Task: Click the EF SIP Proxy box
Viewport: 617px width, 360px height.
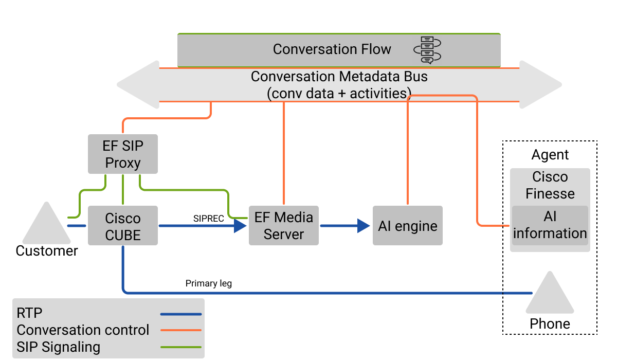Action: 122,154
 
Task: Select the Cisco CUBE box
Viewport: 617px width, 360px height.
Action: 122,226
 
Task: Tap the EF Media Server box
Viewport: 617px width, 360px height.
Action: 284,226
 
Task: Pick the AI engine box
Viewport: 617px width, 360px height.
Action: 408,226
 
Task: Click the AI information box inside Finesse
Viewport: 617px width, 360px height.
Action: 550,225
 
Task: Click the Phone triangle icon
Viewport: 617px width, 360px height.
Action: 550,296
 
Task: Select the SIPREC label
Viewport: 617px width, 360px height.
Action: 209,219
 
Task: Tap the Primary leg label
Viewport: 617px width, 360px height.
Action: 209,283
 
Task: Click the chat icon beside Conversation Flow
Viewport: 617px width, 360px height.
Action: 427,50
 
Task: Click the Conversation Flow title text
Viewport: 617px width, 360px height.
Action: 332,49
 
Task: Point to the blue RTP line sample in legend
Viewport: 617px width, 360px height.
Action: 180,314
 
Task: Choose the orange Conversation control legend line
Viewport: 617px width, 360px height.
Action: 180,330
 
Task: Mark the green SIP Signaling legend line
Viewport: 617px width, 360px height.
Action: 180,347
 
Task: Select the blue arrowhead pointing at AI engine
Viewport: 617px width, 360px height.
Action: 364,226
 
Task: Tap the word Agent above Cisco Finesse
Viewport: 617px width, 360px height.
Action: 550,155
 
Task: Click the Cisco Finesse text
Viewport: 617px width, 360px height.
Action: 550,185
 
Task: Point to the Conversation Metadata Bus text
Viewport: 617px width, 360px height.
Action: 339,77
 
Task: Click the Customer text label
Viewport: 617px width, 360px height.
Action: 47,251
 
